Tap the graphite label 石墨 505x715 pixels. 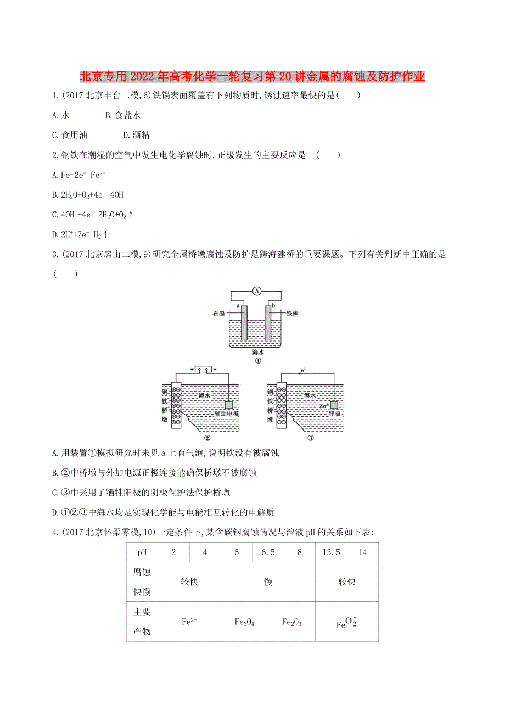pyautogui.click(x=220, y=313)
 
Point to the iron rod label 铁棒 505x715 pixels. pyautogui.click(x=292, y=313)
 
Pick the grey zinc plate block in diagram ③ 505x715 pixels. pyautogui.click(x=335, y=404)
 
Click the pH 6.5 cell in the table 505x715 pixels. pyautogui.click(x=268, y=552)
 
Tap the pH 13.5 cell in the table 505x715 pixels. pyautogui.click(x=331, y=552)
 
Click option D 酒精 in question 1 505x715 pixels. pyautogui.click(x=136, y=135)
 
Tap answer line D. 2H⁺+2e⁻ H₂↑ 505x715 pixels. pyautogui.click(x=79, y=234)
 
